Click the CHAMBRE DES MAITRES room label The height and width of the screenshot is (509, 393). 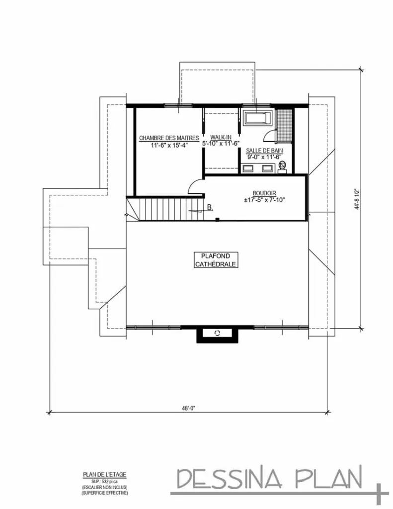(x=169, y=138)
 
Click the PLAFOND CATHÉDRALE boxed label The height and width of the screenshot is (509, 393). (x=215, y=260)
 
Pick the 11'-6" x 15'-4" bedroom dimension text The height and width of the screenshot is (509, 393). (x=169, y=145)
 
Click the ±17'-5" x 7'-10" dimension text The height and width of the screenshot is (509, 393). (x=264, y=200)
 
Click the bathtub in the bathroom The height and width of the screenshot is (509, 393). (x=257, y=118)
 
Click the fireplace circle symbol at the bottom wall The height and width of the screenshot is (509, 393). (x=217, y=333)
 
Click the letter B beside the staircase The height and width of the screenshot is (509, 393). (x=210, y=207)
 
